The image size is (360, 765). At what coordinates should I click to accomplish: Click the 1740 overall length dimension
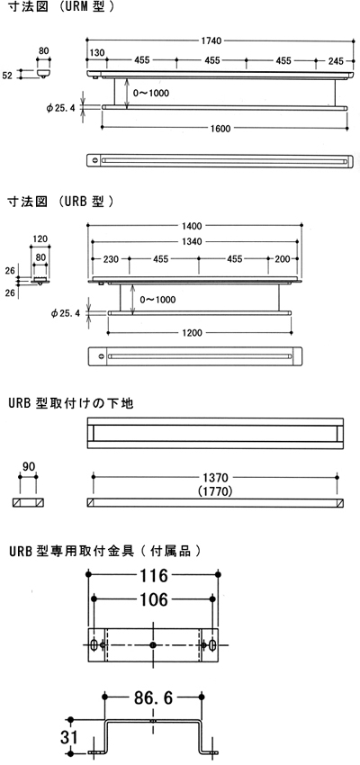[213, 40]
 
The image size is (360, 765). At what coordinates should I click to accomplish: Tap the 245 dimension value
[336, 61]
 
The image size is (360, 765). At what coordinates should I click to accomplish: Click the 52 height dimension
[7, 75]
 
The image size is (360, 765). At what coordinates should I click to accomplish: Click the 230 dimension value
[112, 258]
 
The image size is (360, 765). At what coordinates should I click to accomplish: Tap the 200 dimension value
[282, 258]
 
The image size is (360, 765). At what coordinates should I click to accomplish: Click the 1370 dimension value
[214, 477]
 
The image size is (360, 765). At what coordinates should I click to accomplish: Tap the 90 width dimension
[29, 467]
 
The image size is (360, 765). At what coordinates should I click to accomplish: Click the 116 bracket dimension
[153, 575]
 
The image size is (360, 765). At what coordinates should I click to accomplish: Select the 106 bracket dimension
[153, 599]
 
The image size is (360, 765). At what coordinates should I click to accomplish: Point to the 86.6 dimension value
[153, 698]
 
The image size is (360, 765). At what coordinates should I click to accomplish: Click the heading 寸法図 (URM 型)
[61, 8]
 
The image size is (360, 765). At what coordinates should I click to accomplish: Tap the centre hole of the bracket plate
[153, 645]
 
